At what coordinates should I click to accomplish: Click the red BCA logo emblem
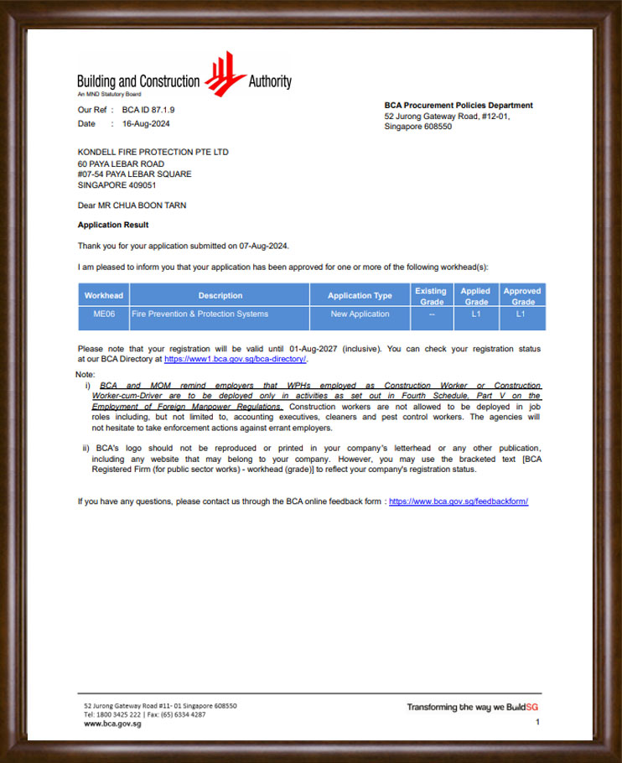coord(224,74)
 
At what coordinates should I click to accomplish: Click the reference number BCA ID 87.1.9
coord(148,110)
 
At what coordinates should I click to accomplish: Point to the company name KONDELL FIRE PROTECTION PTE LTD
coord(153,152)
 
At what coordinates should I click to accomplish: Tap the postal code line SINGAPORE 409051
coord(117,185)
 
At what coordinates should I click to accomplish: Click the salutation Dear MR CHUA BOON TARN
coord(132,205)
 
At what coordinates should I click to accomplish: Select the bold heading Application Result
coord(113,225)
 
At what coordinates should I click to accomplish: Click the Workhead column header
coord(104,295)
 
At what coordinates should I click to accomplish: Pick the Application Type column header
coord(360,295)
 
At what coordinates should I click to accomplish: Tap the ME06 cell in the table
coord(104,314)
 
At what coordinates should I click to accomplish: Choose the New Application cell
coord(360,314)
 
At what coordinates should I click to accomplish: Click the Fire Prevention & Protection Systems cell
coord(200,314)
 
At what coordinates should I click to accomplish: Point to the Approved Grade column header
coord(523,295)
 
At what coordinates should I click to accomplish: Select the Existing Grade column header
coord(432,295)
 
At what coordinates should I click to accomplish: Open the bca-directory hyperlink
coord(236,359)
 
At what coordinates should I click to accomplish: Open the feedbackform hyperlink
coord(459,501)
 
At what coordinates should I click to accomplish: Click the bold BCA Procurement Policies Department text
coord(459,106)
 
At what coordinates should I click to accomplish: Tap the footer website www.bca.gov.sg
coord(112,724)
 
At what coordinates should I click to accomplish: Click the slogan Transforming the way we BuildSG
coord(471,707)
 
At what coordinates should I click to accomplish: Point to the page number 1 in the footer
coord(537,721)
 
